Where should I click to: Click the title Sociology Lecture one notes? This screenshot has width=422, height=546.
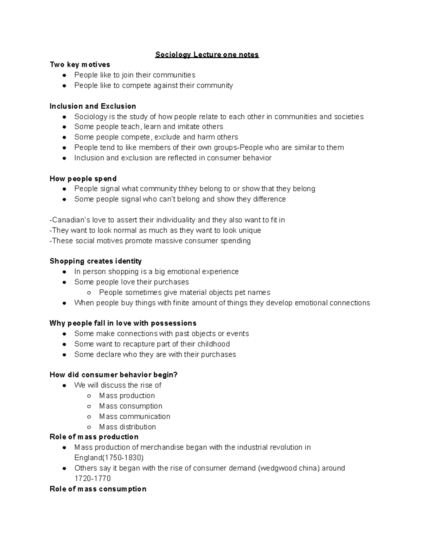pyautogui.click(x=207, y=54)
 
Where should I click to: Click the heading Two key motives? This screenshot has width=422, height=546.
pyautogui.click(x=80, y=65)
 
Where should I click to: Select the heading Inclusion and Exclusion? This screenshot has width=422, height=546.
pyautogui.click(x=93, y=106)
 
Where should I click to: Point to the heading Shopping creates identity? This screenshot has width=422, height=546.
pyautogui.click(x=96, y=261)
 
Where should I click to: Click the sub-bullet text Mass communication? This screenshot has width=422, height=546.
pyautogui.click(x=135, y=417)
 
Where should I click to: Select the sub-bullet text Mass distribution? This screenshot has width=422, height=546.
pyautogui.click(x=127, y=427)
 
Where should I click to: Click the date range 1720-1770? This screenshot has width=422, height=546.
pyautogui.click(x=92, y=478)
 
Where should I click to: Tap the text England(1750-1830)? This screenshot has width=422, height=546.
pyautogui.click(x=109, y=458)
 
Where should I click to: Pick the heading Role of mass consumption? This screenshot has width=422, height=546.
pyautogui.click(x=98, y=489)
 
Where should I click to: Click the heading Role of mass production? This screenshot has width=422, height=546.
pyautogui.click(x=94, y=437)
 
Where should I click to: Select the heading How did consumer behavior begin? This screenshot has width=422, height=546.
pyautogui.click(x=114, y=375)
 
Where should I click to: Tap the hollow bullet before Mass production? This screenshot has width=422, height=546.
pyautogui.click(x=89, y=396)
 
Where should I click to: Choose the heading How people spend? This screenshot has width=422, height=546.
pyautogui.click(x=83, y=179)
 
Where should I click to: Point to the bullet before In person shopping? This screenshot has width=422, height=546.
pyautogui.click(x=64, y=272)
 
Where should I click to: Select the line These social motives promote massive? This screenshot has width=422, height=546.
pyautogui.click(x=150, y=241)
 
